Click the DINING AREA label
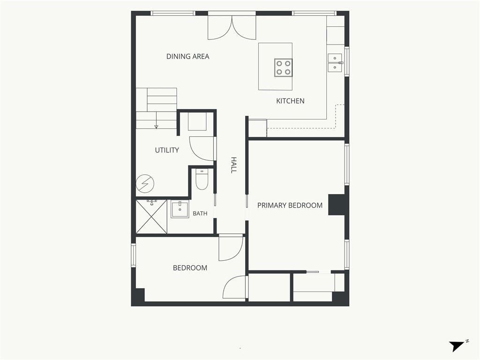[187, 56]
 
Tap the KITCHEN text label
[290, 101]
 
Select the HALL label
[233, 165]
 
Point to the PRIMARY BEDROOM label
[290, 205]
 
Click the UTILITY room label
[167, 150]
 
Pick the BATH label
[200, 213]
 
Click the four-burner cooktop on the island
[283, 67]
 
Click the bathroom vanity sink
[180, 210]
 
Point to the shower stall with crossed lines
[151, 217]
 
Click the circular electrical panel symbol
[145, 184]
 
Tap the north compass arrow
[457, 346]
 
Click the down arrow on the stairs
[156, 120]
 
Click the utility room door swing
[202, 149]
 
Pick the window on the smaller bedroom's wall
[134, 255]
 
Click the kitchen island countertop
[275, 67]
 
